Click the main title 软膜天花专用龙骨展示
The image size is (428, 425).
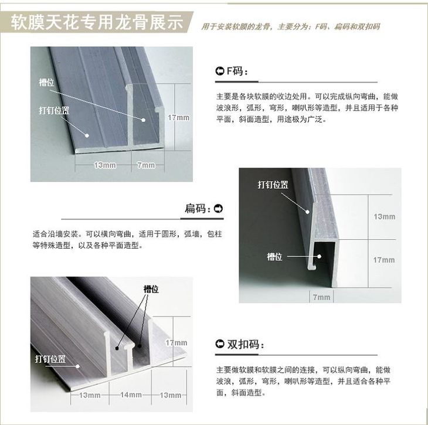[x=97, y=22]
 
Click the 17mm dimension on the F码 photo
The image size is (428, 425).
[x=178, y=118]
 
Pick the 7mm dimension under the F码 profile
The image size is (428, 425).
[x=146, y=165]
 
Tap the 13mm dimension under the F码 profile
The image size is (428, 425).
[x=105, y=165]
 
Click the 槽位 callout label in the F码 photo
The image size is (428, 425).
[x=46, y=82]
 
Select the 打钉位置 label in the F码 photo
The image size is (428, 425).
[x=54, y=111]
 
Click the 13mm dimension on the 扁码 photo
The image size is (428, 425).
[x=385, y=217]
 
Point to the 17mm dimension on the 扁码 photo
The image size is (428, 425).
[x=384, y=260]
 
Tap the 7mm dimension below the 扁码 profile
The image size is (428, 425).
[x=321, y=297]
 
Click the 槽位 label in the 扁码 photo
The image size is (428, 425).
[x=274, y=257]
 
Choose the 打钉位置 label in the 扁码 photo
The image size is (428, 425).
[x=273, y=185]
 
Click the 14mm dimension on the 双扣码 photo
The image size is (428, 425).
[x=131, y=395]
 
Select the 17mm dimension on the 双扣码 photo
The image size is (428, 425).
[x=176, y=342]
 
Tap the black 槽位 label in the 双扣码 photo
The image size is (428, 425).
[x=151, y=289]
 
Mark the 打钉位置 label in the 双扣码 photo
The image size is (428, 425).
[x=50, y=359]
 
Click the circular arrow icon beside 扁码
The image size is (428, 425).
[x=218, y=209]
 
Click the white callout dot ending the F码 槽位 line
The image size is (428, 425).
[x=144, y=120]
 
